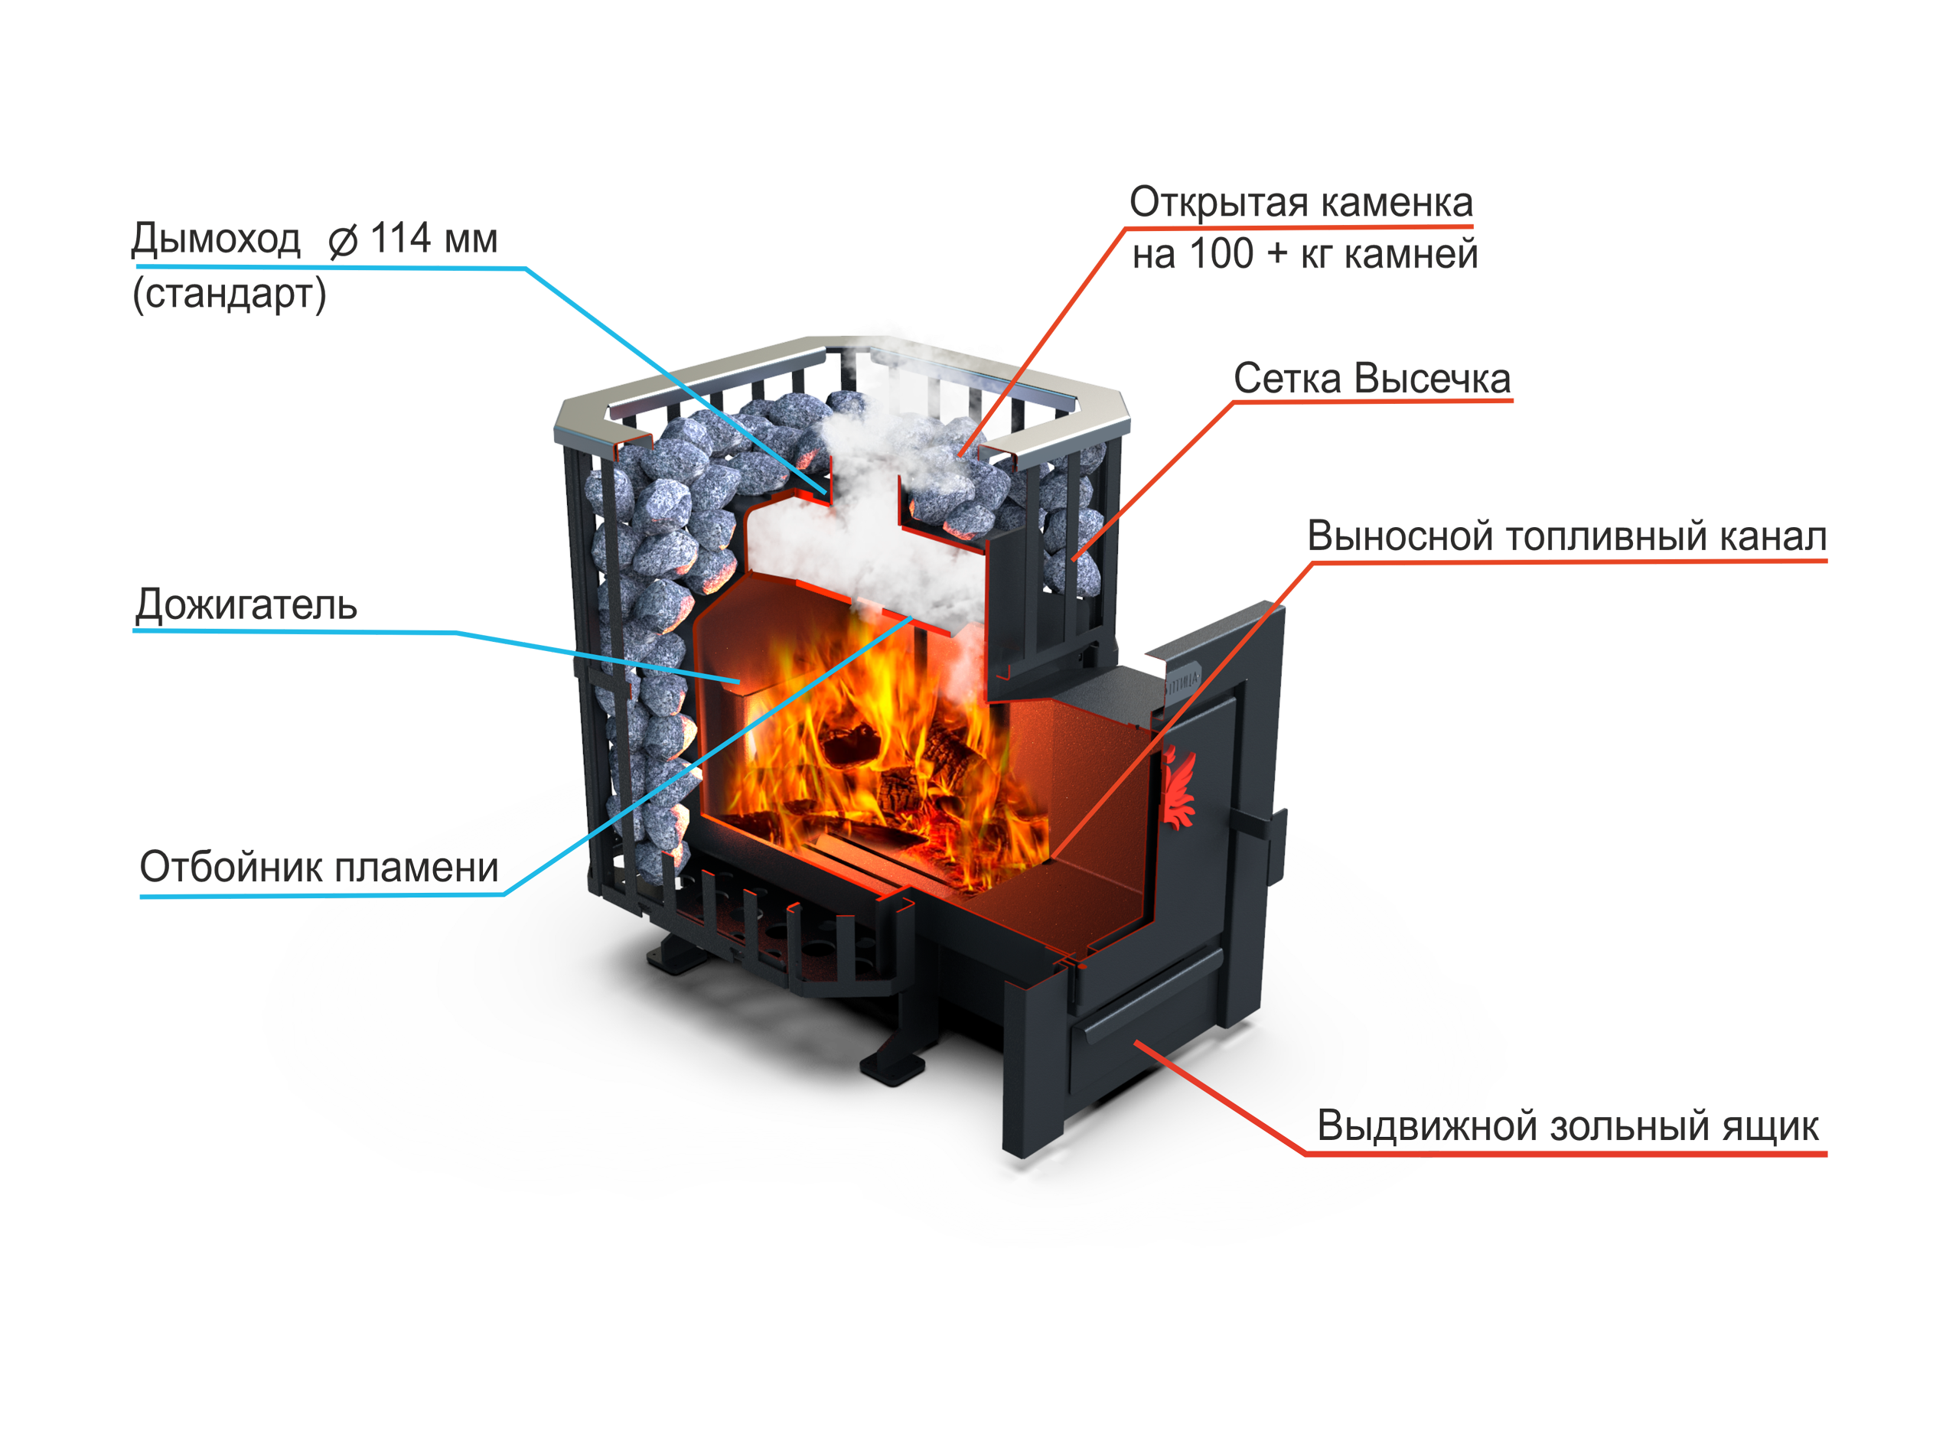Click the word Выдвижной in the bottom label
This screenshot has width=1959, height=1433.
tap(1388, 1127)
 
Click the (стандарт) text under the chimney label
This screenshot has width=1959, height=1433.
tap(229, 295)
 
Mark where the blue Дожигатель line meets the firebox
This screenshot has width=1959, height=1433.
tap(738, 682)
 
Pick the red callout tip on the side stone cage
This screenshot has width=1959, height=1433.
tap(1074, 559)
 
